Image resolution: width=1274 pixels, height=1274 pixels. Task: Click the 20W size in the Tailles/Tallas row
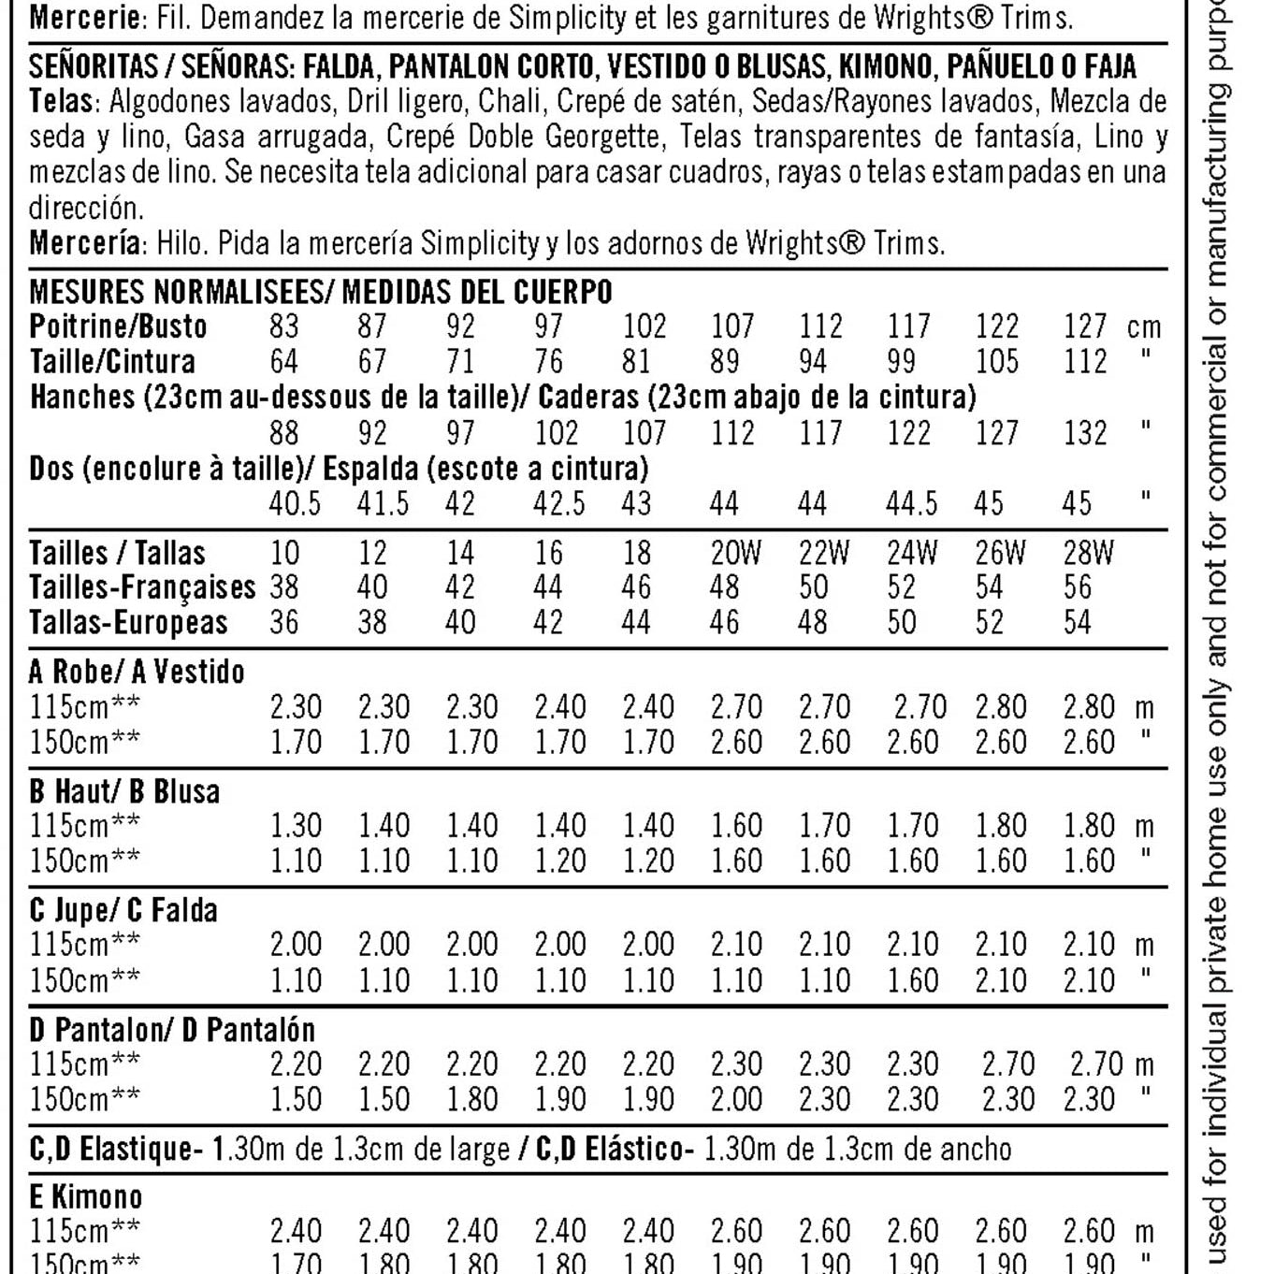click(x=735, y=553)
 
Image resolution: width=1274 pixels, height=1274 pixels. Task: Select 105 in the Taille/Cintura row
click(x=996, y=362)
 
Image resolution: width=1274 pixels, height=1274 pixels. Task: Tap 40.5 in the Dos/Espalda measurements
click(x=295, y=504)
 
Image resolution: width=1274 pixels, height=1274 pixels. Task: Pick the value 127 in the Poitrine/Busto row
click(x=1085, y=326)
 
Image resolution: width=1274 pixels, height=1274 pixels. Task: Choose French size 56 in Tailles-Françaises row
click(x=1077, y=587)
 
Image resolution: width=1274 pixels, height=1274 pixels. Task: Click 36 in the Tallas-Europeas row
click(x=284, y=623)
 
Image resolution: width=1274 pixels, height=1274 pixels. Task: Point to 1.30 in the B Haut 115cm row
click(x=296, y=826)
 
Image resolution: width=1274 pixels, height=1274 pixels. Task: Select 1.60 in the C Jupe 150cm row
click(x=912, y=980)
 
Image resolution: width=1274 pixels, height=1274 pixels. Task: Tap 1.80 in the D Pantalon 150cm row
click(x=471, y=1099)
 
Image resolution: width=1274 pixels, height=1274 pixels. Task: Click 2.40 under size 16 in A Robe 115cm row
click(x=559, y=707)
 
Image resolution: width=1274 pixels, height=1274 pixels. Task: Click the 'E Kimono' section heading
click(x=86, y=1197)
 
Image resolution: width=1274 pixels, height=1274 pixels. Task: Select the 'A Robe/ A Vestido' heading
click(x=137, y=672)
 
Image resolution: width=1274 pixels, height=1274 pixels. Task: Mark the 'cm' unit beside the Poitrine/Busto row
click(x=1144, y=327)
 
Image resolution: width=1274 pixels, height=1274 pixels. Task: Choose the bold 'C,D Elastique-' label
click(x=116, y=1149)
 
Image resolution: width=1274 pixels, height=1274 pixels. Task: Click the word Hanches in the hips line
click(x=82, y=398)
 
